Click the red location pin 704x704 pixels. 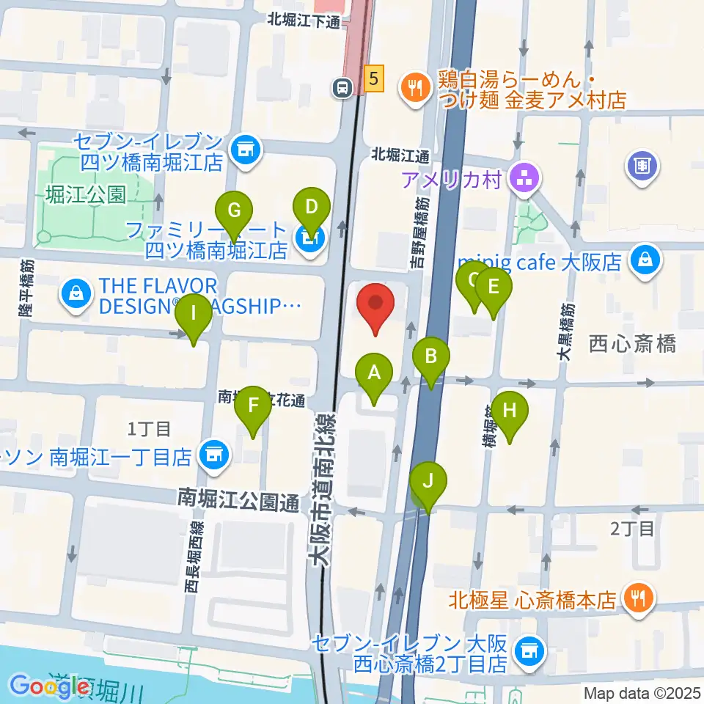pos(375,307)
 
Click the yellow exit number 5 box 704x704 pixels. pos(374,78)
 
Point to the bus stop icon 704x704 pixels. pos(342,88)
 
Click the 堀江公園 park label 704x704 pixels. pos(85,194)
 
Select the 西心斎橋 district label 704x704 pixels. pos(632,343)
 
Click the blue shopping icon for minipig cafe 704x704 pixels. pos(645,261)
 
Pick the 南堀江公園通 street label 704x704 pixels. pos(239,502)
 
